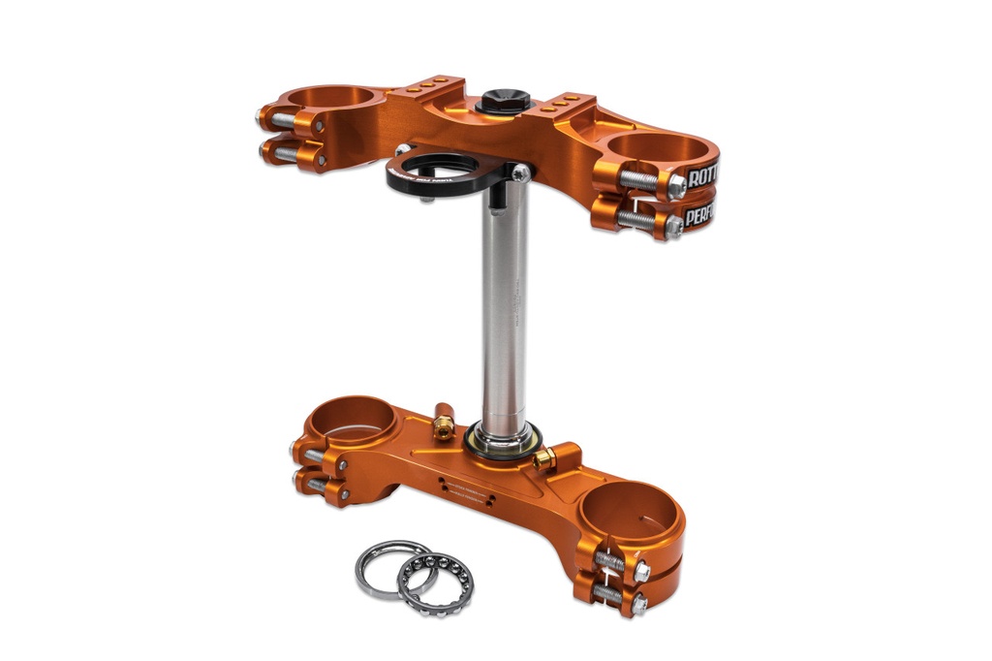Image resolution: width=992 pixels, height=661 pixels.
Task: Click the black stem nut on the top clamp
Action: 504,100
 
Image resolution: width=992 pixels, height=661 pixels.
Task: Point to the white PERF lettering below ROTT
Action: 698,215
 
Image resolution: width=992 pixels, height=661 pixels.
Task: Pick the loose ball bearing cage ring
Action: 436,583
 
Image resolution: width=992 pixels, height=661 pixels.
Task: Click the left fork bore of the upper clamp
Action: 334,97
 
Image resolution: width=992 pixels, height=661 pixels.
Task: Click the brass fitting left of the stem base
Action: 444,423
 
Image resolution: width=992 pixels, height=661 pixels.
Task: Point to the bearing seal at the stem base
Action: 500,441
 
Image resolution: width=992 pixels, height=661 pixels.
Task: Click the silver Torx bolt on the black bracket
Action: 521,173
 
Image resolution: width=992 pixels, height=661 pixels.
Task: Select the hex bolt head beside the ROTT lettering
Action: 676,187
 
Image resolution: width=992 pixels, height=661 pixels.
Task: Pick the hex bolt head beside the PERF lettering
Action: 672,226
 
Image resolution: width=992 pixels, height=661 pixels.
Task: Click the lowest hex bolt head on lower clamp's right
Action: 638,605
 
